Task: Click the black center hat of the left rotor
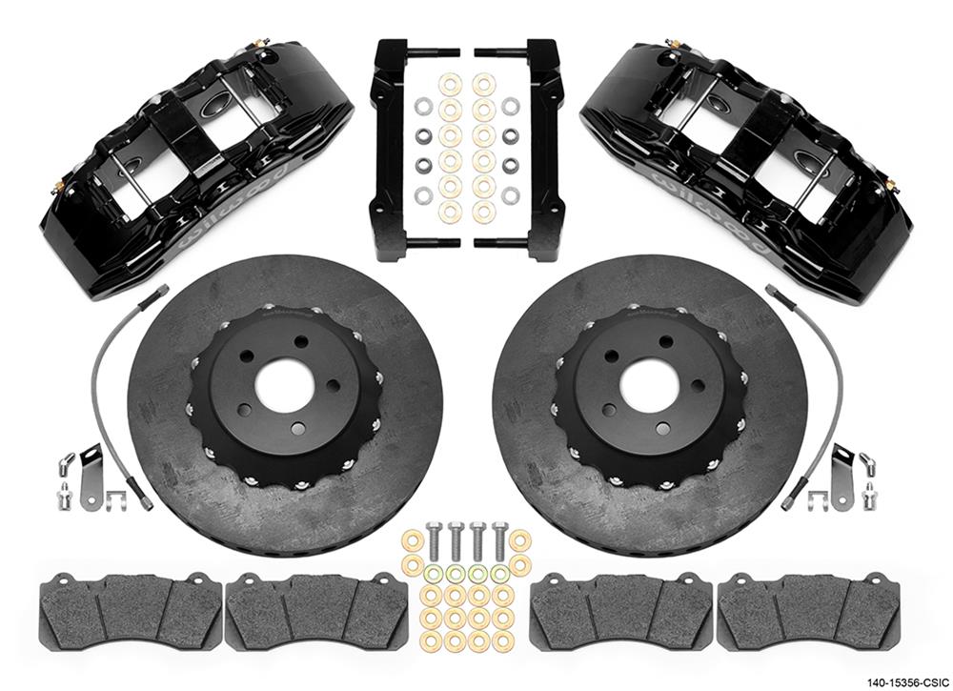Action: coord(238,429)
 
